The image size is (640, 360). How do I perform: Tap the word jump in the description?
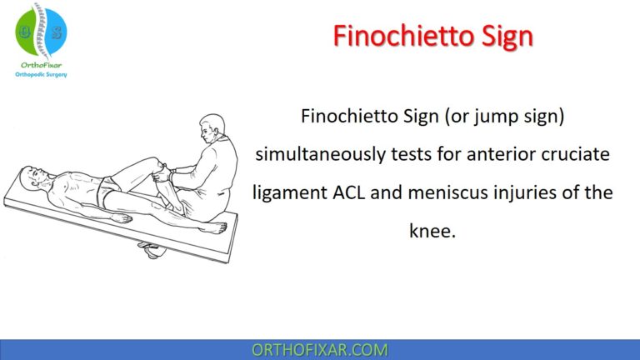click(493, 117)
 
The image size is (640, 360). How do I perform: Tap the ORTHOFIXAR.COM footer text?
click(319, 349)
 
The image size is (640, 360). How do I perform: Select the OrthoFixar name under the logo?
click(42, 65)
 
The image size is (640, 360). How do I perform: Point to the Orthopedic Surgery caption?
click(42, 74)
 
